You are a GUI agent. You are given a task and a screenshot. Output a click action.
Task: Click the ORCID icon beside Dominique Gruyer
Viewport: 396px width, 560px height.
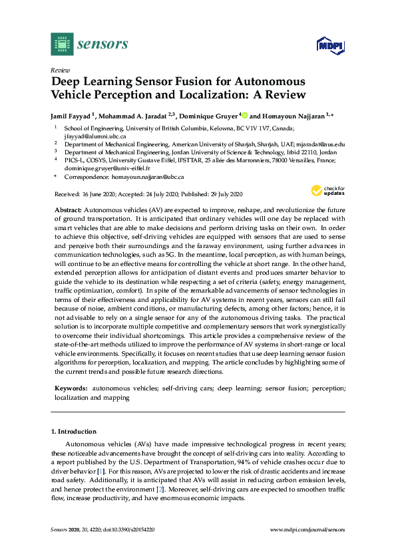(x=244, y=114)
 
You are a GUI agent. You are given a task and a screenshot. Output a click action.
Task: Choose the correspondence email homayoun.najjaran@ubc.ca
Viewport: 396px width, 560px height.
(x=147, y=178)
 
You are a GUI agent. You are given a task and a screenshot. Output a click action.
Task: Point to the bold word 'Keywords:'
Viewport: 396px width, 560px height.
(x=71, y=387)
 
